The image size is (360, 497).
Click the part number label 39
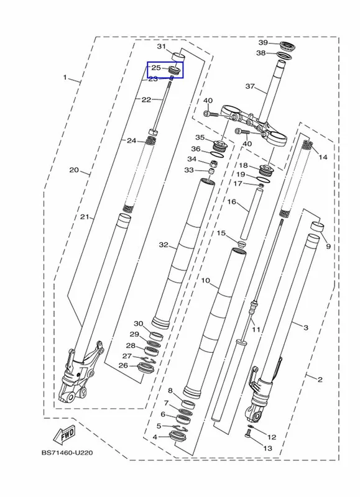point(263,43)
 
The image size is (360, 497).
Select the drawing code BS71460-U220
point(67,453)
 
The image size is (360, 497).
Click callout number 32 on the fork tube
point(164,245)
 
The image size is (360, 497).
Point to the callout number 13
point(268,448)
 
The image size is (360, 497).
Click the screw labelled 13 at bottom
point(248,432)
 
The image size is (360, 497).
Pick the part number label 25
point(155,68)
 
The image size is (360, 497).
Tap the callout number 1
point(65,77)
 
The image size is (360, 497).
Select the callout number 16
point(232,201)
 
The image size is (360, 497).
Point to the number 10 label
point(206,281)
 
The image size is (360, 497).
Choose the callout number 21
point(84,217)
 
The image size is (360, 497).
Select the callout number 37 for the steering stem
point(250,86)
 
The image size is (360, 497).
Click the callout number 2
point(320,379)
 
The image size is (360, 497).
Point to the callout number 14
point(323,157)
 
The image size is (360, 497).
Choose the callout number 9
point(328,246)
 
